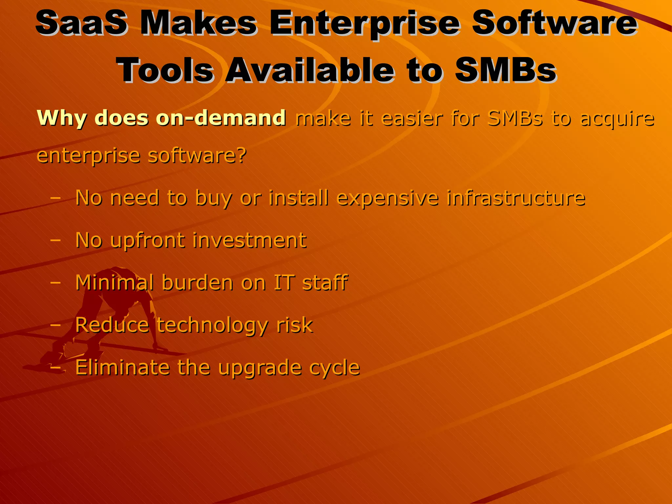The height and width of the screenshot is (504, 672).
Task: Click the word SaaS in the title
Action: coord(81,23)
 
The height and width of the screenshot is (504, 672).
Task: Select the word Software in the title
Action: coord(555,23)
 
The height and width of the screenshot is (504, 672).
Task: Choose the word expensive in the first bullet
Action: coord(388,198)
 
